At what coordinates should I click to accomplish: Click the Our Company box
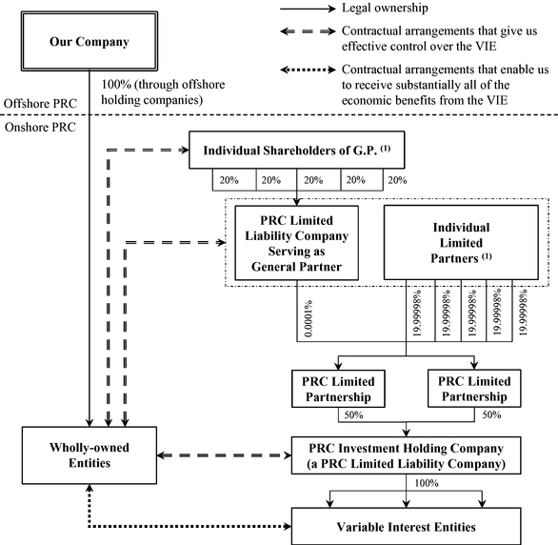point(90,41)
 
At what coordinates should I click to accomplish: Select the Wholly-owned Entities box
point(90,455)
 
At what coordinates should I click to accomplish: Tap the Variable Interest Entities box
point(406,526)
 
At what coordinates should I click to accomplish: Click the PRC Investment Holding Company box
point(406,455)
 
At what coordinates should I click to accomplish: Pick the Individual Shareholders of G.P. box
point(297,150)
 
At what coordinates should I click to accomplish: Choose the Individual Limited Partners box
point(461,242)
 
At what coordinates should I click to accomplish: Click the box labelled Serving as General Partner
point(297,243)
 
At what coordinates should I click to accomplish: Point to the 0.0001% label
point(309,318)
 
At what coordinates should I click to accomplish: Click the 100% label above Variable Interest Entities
point(427,483)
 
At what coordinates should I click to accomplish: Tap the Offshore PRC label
point(40,104)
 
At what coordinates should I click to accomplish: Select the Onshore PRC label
point(40,127)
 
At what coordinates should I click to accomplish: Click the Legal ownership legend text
point(385,8)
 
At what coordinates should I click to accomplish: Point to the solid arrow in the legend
point(308,9)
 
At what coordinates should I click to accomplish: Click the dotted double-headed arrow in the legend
point(308,70)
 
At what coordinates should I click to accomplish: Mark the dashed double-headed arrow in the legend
point(308,31)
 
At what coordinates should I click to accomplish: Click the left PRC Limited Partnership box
point(338,389)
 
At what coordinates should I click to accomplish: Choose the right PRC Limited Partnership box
point(474,389)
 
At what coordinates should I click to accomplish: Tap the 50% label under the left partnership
point(353,415)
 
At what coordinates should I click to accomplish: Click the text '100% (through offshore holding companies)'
point(163,91)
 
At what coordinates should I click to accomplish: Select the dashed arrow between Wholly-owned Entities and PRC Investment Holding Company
point(224,455)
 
